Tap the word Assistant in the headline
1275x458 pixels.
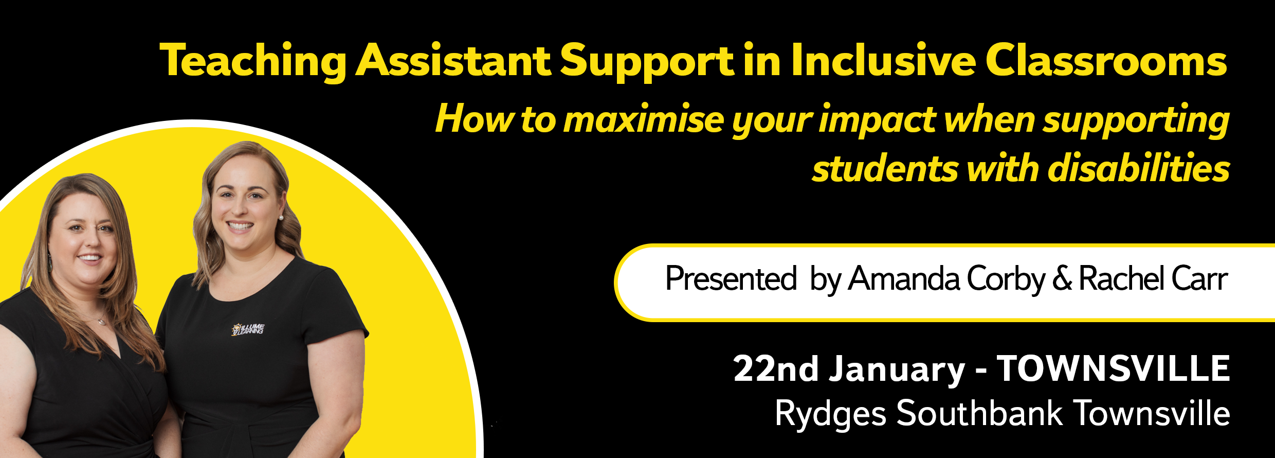tap(453, 60)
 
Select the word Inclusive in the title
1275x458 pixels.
tap(883, 60)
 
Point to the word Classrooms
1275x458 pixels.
tap(1106, 60)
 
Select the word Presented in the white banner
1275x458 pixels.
tap(731, 278)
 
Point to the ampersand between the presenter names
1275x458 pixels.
tap(1062, 278)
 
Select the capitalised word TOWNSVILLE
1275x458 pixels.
tap(1114, 368)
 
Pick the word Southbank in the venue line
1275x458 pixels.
tap(979, 413)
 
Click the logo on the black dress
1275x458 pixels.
tap(248, 329)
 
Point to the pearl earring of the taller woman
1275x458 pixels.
tap(281, 218)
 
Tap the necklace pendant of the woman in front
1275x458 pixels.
tap(102, 322)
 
